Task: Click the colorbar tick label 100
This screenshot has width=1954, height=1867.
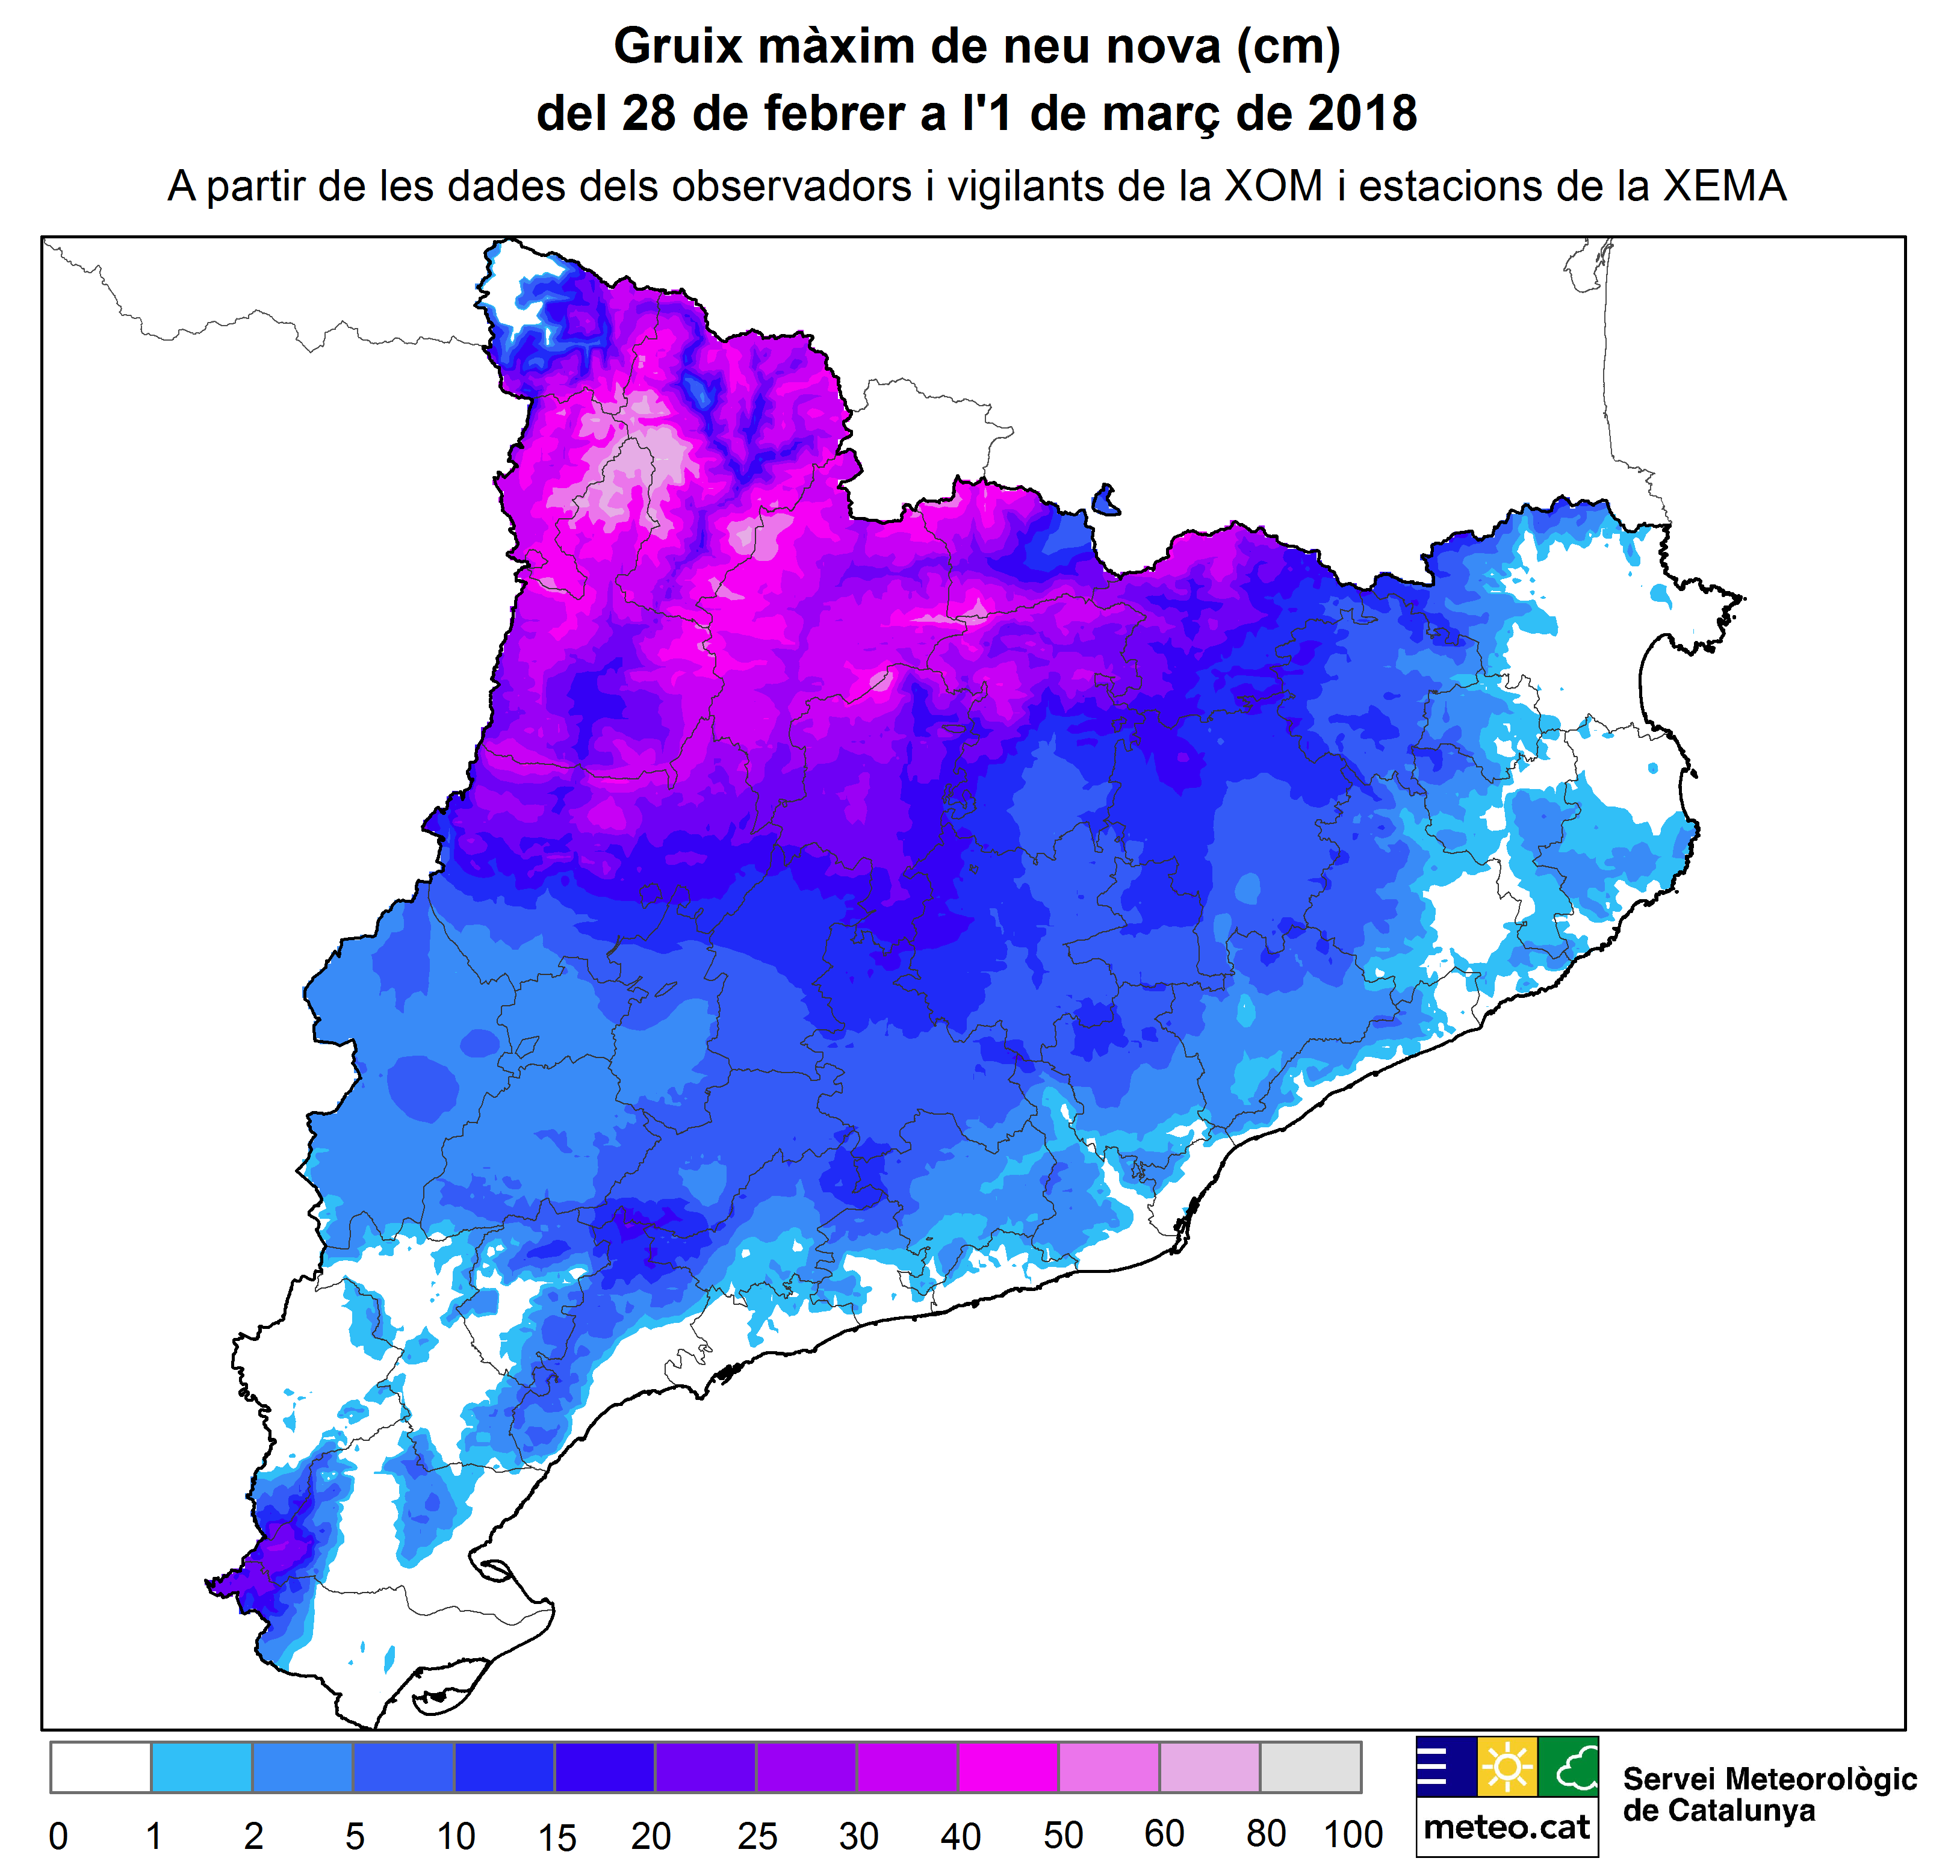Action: coord(1353,1833)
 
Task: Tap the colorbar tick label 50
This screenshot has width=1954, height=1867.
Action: coord(1062,1834)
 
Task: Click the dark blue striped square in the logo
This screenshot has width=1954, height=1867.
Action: coord(1445,1765)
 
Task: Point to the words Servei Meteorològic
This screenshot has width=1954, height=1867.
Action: coord(1769,1779)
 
